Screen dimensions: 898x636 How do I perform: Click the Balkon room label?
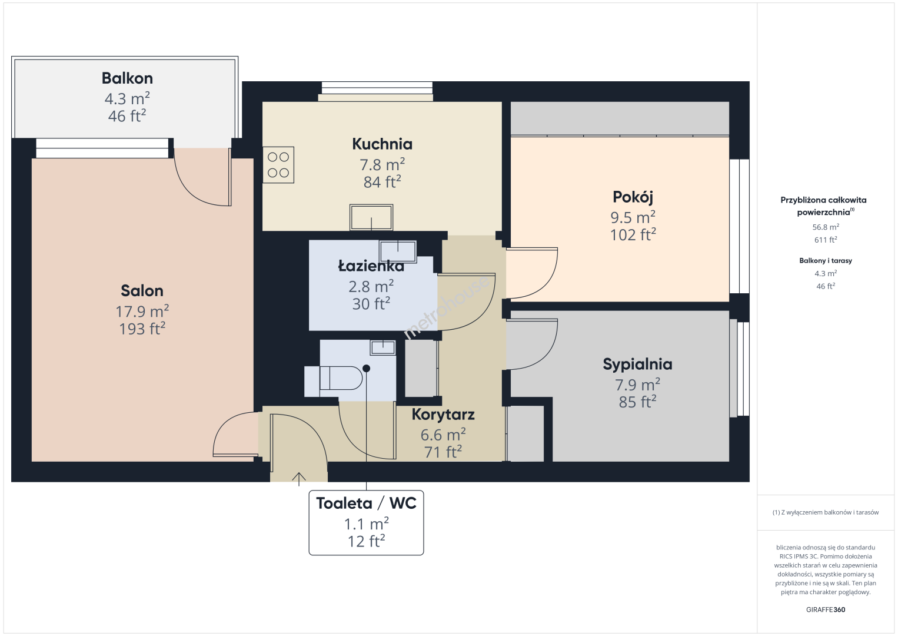click(127, 78)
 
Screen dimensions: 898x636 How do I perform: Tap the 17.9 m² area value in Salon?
click(142, 311)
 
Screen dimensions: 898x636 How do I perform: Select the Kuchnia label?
click(382, 144)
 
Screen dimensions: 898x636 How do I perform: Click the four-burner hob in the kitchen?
click(278, 165)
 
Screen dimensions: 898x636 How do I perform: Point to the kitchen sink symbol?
click(371, 217)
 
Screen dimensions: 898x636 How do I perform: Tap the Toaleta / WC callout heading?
click(367, 503)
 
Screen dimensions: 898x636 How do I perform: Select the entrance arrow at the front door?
click(299, 479)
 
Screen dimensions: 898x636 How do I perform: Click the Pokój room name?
click(633, 197)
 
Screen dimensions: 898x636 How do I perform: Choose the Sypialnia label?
click(637, 364)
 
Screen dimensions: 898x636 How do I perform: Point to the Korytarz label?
click(443, 415)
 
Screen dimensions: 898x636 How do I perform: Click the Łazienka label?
click(371, 266)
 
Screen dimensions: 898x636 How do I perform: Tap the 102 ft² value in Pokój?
click(633, 235)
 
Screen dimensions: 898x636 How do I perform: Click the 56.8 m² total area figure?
click(826, 227)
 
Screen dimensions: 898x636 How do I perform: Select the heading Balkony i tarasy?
click(826, 260)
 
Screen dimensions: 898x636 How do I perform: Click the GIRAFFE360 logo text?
click(826, 609)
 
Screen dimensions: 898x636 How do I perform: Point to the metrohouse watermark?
click(447, 307)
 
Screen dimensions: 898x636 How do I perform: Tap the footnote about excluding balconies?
click(826, 512)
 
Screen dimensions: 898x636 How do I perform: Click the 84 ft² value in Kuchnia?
click(382, 182)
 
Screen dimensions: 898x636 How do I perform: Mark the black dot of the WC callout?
click(367, 369)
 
